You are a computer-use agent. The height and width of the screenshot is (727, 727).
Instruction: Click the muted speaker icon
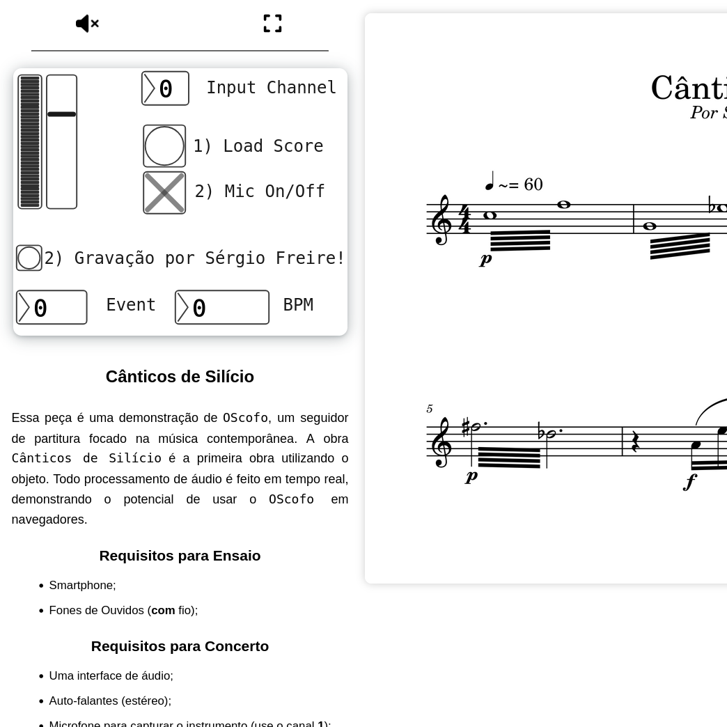pos(87,24)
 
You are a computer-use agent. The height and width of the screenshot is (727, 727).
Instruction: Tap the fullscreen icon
pos(272,24)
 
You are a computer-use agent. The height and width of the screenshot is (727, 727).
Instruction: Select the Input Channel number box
pos(165,88)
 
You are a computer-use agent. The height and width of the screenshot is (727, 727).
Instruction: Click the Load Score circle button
pos(164,146)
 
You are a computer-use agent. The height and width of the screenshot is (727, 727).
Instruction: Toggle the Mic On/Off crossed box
pos(164,193)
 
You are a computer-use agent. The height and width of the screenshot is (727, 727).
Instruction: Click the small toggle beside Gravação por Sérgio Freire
pos(29,258)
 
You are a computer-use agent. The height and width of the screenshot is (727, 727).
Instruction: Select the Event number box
pos(52,307)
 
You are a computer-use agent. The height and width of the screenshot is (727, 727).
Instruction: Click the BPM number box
pos(221,307)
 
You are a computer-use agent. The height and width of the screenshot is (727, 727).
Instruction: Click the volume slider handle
pos(61,114)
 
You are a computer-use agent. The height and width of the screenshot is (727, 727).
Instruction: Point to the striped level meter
pos(30,141)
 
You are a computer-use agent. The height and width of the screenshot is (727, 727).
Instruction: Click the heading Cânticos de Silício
pos(180,377)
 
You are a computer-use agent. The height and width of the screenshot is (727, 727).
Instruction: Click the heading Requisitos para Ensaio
pos(180,556)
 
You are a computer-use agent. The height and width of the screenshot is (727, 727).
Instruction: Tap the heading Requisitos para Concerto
pos(180,646)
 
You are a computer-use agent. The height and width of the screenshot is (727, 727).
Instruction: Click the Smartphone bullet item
pos(82,586)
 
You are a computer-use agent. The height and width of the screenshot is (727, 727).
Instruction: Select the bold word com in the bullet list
pos(163,611)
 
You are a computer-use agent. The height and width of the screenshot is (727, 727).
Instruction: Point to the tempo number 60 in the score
pos(533,185)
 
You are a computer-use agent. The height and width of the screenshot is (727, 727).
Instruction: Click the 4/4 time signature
pos(464,219)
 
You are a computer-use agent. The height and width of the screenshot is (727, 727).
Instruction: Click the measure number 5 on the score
pos(430,409)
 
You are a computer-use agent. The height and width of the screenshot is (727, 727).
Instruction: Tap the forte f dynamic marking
pos(690,482)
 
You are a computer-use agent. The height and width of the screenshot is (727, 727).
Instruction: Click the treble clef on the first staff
pos(441,219)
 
